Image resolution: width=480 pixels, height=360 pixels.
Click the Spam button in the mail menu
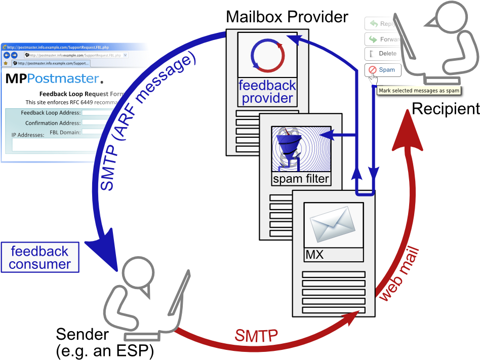(383, 70)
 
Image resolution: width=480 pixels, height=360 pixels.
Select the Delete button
(383, 54)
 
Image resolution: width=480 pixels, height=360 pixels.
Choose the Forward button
(383, 39)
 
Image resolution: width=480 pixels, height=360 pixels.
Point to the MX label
(314, 255)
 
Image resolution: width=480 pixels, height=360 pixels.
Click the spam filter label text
(301, 179)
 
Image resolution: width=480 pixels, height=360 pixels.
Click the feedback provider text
(266, 92)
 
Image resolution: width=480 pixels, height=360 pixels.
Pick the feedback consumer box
(40, 257)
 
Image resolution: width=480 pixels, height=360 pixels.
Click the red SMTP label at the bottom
(256, 335)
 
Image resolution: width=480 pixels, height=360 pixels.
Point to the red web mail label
(399, 274)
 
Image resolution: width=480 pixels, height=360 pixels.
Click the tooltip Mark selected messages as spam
(419, 91)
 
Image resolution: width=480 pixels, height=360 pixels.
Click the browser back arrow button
(7, 55)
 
